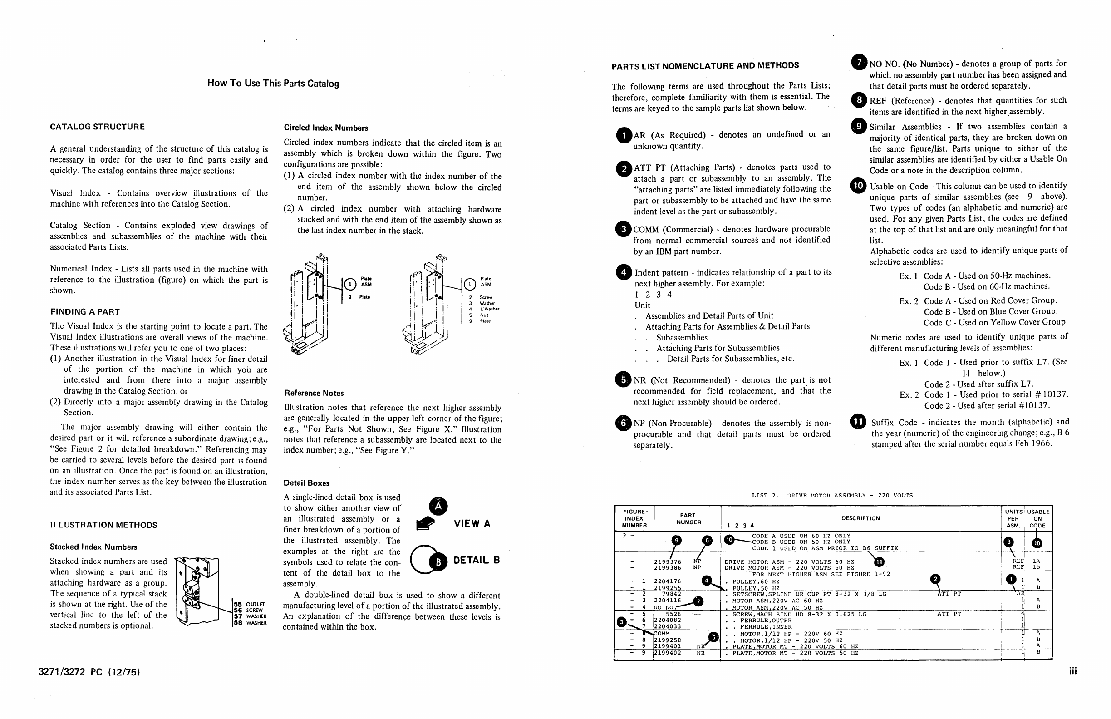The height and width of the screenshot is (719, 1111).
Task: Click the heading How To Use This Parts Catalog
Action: [x=273, y=84]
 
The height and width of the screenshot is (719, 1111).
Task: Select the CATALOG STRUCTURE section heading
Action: [x=98, y=127]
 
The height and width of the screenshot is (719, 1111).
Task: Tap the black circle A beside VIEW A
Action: [x=438, y=507]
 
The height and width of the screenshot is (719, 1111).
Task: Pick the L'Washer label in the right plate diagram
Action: [x=489, y=309]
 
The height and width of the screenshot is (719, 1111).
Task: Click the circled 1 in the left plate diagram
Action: [x=350, y=284]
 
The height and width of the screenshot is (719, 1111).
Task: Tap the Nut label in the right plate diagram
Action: [x=484, y=315]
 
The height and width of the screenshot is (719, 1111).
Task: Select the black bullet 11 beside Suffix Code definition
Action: [x=859, y=422]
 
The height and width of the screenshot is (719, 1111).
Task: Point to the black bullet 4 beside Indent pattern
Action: [x=624, y=272]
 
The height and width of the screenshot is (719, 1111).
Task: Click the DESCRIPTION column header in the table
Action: [x=860, y=518]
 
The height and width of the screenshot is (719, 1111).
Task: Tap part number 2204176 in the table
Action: [x=668, y=582]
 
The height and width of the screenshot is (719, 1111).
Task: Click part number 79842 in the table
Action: [x=671, y=594]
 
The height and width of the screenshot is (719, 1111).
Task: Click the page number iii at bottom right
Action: [x=1073, y=671]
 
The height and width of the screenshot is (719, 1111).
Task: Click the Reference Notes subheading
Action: [x=314, y=393]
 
